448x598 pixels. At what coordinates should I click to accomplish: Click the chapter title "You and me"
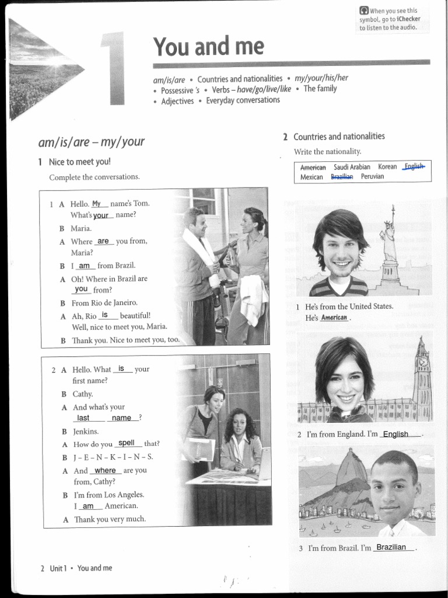pos(208,46)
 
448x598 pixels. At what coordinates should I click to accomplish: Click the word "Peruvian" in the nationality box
pos(372,176)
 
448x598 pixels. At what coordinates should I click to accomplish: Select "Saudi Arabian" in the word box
pos(352,167)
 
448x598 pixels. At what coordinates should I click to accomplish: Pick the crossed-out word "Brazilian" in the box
pos(342,176)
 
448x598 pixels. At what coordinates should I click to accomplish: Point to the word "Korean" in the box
pos(387,167)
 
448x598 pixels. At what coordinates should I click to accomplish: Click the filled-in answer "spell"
pos(127,443)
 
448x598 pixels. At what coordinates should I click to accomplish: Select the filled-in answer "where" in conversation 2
pos(105,470)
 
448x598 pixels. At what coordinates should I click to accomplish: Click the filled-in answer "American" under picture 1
pos(334,318)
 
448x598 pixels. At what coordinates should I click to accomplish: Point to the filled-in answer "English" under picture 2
pos(395,434)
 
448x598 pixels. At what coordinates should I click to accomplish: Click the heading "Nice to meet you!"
pos(79,162)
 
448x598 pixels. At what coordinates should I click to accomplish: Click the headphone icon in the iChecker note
pos(364,11)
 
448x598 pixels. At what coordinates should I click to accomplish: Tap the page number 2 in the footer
pos(42,568)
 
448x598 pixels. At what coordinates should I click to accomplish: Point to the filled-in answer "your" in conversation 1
pos(101,215)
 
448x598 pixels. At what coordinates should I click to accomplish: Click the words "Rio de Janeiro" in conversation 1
pos(114,303)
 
